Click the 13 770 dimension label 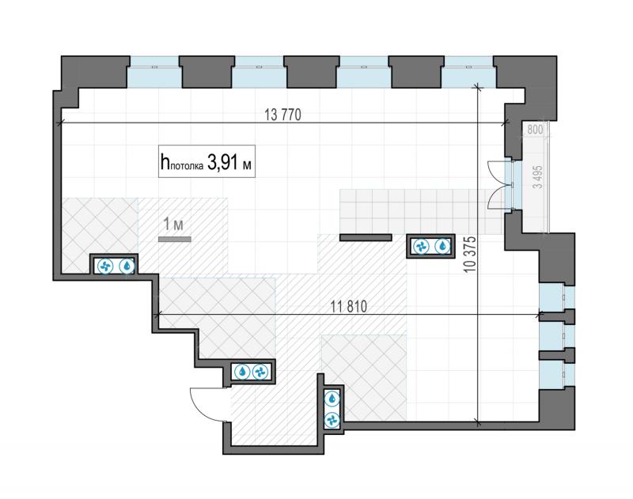click(x=282, y=115)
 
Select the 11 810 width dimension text click(x=349, y=307)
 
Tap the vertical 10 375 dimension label click(x=470, y=255)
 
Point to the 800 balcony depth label click(x=536, y=130)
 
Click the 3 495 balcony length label click(x=538, y=177)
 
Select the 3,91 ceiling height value click(x=223, y=163)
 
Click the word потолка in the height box click(x=186, y=166)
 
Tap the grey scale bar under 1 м click(x=174, y=239)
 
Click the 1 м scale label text click(x=173, y=225)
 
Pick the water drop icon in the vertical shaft click(x=332, y=399)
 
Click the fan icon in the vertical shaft click(x=332, y=420)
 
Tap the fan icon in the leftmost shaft click(x=105, y=266)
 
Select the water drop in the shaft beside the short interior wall click(x=443, y=246)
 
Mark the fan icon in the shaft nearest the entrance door click(x=260, y=372)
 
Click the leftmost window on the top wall click(x=154, y=72)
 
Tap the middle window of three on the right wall click(x=557, y=335)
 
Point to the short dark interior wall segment click(x=366, y=237)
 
